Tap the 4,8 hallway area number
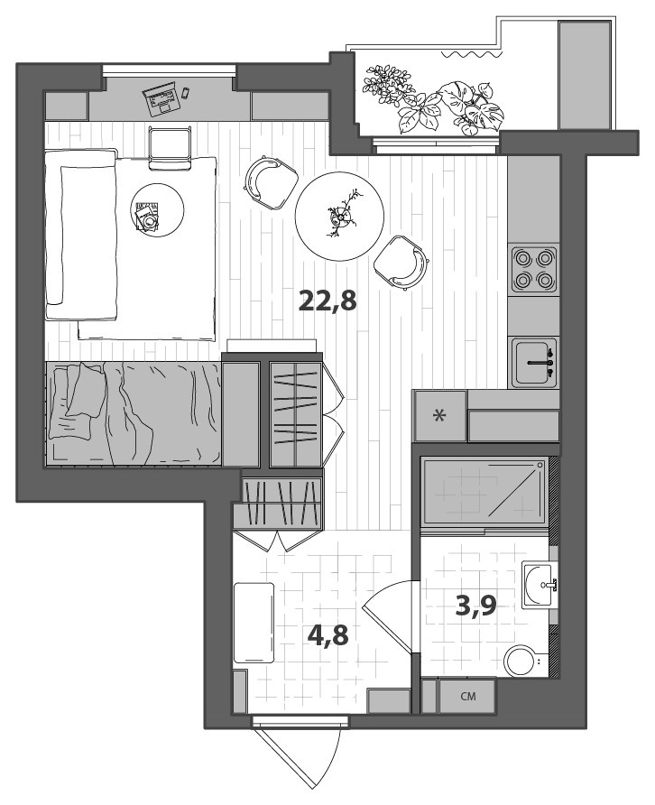(x=327, y=634)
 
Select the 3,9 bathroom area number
(x=476, y=605)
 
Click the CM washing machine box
(x=467, y=696)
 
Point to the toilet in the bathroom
(x=522, y=661)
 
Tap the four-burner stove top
(x=533, y=269)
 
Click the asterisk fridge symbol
(x=440, y=416)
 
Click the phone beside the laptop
(x=186, y=92)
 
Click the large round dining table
(x=340, y=216)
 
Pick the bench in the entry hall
(x=254, y=624)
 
